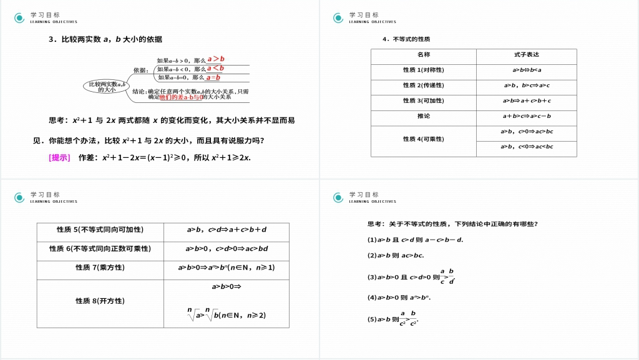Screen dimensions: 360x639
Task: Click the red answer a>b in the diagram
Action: (216, 59)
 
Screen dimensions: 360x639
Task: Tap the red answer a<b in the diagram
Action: (215, 68)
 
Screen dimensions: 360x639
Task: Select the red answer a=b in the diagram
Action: (214, 77)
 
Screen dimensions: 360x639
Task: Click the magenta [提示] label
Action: (59, 157)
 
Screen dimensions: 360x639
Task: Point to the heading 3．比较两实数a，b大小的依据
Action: (105, 39)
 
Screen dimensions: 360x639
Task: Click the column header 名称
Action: (424, 55)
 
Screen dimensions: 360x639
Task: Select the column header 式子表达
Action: (526, 55)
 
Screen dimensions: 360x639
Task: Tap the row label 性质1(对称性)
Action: (424, 70)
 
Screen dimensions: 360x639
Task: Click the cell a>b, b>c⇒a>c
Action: (526, 85)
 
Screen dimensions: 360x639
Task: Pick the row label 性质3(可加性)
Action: (424, 100)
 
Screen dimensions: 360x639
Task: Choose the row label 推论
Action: (424, 116)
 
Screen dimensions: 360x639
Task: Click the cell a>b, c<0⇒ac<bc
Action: (526, 147)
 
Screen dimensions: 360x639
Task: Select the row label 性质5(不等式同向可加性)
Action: (100, 230)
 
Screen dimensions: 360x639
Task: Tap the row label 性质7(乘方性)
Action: (100, 268)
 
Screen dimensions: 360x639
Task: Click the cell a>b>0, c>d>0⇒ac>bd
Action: (227, 249)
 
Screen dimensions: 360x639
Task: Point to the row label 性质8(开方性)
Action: (100, 301)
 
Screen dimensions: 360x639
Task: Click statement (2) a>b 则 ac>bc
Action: (396, 255)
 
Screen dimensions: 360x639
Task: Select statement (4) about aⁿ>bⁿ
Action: (399, 298)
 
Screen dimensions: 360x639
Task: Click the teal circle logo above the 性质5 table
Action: (21, 198)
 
